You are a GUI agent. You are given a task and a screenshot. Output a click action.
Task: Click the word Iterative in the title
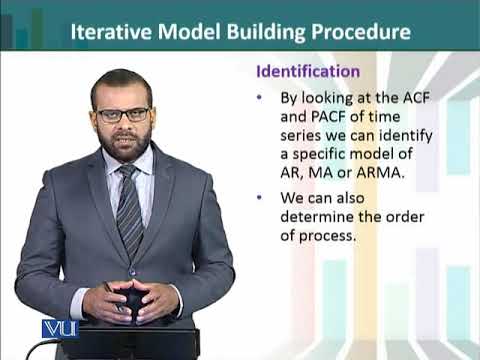pyautogui.click(x=110, y=32)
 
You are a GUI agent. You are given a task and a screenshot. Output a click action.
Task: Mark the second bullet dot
pyautogui.click(x=261, y=199)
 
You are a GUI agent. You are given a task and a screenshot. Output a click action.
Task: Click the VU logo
pyautogui.click(x=59, y=328)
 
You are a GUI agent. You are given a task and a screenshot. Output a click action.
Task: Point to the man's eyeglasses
pyautogui.click(x=124, y=115)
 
